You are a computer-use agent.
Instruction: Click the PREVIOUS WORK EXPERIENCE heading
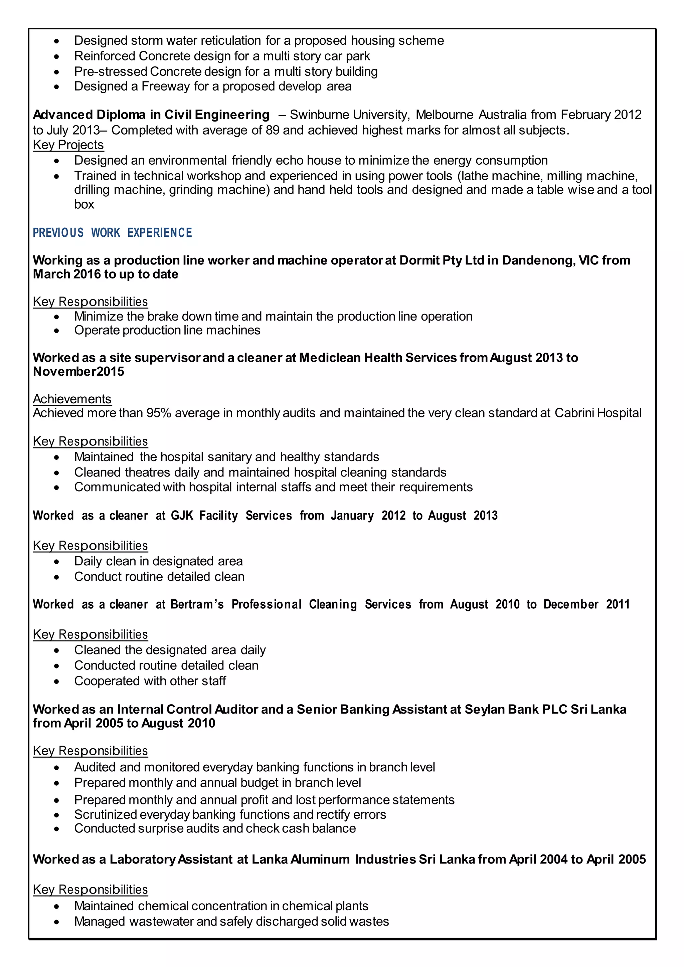[x=113, y=233]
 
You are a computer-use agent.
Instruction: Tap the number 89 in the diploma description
[x=273, y=130]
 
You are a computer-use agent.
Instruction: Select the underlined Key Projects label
[x=68, y=145]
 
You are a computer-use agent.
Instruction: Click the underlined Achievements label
[x=72, y=399]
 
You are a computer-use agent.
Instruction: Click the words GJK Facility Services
[x=231, y=516]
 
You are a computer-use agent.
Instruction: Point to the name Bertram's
[x=197, y=604]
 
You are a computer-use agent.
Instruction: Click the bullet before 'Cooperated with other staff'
[x=56, y=682]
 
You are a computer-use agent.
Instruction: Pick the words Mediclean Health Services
[x=377, y=358]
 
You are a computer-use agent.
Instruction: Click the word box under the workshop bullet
[x=84, y=204]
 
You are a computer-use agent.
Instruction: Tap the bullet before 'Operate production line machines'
[x=56, y=331]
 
